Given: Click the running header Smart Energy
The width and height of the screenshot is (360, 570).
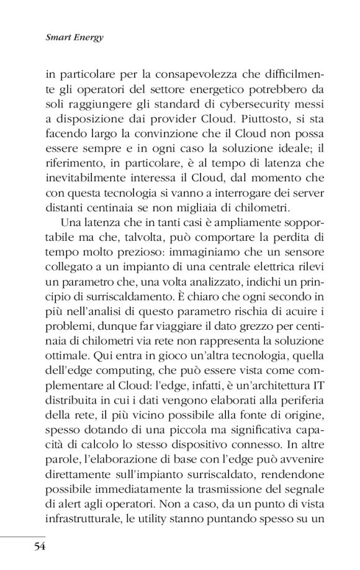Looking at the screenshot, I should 74,37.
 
